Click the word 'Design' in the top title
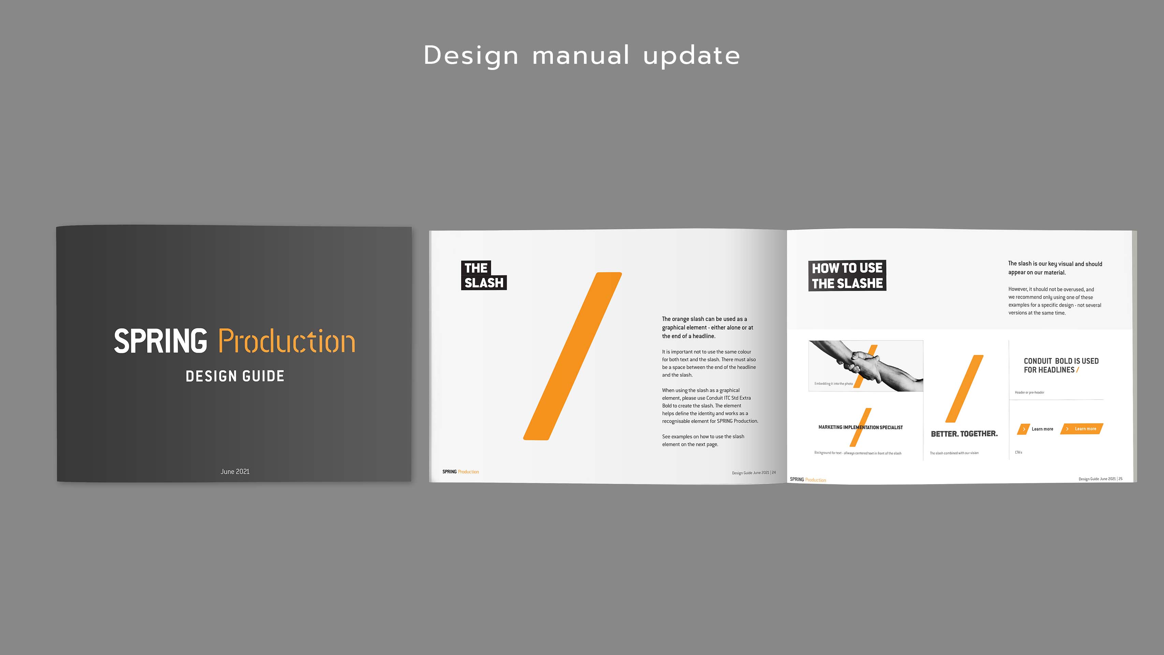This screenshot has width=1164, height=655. coord(471,56)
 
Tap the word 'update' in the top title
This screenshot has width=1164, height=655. coord(691,56)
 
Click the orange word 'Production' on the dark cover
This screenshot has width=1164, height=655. coord(287,341)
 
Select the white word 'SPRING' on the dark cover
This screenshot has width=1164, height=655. coord(160,341)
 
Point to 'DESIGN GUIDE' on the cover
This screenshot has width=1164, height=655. coord(235,376)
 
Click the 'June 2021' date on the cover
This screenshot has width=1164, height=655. coord(235,471)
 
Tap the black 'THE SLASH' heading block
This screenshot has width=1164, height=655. coord(484,275)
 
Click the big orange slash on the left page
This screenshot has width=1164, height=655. coord(573,356)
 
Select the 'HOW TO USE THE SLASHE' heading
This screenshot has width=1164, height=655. coord(847,275)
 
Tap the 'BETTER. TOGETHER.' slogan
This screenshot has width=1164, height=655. coord(964,434)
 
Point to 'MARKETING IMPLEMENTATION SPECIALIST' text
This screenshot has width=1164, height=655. coord(860,427)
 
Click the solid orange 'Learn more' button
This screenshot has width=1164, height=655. coord(1082,428)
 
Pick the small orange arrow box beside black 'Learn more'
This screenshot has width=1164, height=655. coord(1023,429)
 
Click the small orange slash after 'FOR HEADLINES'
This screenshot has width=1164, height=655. coord(1078,370)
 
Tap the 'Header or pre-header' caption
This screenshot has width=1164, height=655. coord(1029,392)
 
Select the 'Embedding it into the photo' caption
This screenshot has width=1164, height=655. coord(834,384)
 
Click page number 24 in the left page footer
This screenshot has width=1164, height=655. coord(773,473)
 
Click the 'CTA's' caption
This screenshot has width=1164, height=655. coord(1018,452)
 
